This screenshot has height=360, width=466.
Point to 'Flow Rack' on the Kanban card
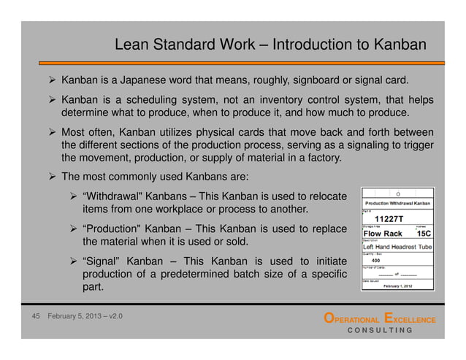point(383,234)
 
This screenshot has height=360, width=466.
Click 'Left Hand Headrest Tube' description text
point(398,247)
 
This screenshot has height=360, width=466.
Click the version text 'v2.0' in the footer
point(113,318)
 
